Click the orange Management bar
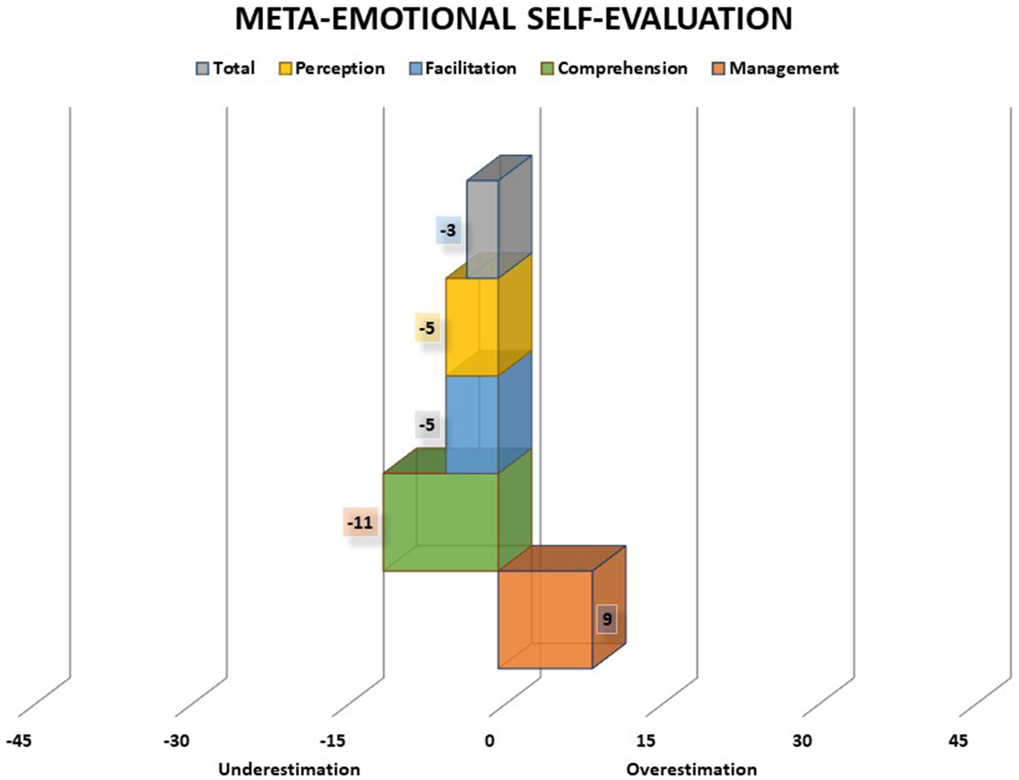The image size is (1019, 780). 545,619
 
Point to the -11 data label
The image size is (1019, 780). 360,522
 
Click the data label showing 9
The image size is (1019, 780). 607,619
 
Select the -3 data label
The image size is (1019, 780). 448,230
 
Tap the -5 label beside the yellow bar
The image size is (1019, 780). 427,328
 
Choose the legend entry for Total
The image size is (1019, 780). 225,68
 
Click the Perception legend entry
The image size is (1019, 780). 332,68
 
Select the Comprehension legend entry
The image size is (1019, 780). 615,68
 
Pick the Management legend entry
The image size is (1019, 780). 775,68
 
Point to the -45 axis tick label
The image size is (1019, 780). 19,741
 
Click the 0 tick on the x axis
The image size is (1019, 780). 489,741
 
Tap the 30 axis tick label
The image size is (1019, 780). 802,741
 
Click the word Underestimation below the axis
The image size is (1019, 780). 289,769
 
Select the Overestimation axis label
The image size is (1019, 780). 691,769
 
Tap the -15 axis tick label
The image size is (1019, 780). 332,741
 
